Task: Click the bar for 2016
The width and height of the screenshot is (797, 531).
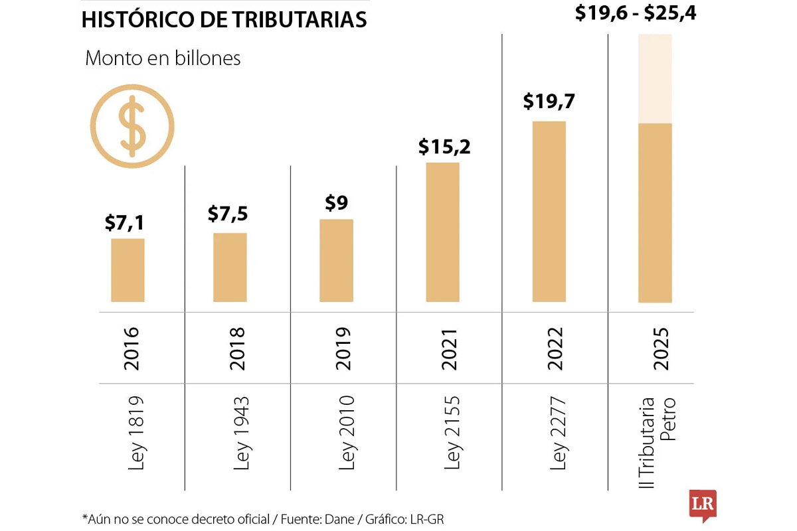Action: [x=128, y=270]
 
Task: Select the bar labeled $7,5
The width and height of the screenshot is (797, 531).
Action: [x=230, y=267]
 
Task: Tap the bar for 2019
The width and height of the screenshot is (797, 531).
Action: [x=336, y=260]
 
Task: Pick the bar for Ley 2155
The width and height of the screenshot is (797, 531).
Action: [x=442, y=232]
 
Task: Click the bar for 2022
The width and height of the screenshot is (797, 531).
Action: [x=549, y=212]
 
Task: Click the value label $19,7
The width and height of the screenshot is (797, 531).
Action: [x=549, y=101]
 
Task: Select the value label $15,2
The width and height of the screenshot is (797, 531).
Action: [x=444, y=146]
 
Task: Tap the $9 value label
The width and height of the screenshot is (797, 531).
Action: [x=336, y=202]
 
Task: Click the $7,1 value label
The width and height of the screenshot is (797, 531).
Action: [x=124, y=222]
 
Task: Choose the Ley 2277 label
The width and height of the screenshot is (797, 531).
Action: [x=559, y=433]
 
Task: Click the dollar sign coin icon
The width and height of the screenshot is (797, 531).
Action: [x=132, y=126]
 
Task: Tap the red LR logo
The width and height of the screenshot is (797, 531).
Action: [x=702, y=504]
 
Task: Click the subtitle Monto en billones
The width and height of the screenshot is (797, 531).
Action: [x=163, y=58]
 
